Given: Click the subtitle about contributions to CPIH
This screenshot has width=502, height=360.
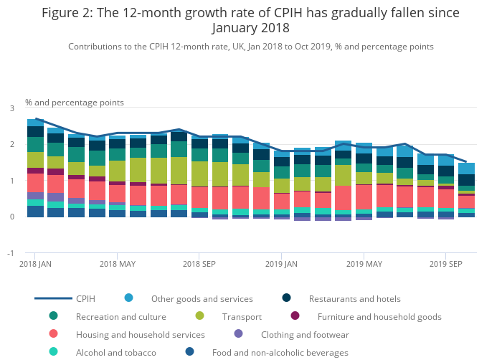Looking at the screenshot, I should pyautogui.click(x=250, y=47).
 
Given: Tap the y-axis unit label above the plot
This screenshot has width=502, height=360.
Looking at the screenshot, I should pyautogui.click(x=75, y=103).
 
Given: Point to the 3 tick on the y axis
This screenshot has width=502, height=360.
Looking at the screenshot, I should pyautogui.click(x=11, y=108).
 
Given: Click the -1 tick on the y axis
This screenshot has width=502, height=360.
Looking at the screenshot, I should pyautogui.click(x=10, y=253).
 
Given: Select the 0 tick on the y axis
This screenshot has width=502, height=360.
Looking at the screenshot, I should pyautogui.click(x=11, y=217).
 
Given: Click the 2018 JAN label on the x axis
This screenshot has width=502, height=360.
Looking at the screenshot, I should pyautogui.click(x=36, y=264).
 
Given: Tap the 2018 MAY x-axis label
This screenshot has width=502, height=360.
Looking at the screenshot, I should pyautogui.click(x=118, y=264).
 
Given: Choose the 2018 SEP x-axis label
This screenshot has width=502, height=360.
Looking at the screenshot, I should pyautogui.click(x=199, y=264).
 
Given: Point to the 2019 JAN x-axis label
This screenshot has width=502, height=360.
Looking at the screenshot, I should pyautogui.click(x=281, y=264).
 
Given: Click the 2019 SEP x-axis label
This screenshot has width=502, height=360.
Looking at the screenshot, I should pyautogui.click(x=445, y=264).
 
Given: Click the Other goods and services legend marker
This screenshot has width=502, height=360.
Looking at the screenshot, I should pyautogui.click(x=128, y=298).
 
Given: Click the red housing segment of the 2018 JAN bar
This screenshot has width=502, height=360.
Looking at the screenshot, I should pyautogui.click(x=36, y=183).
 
